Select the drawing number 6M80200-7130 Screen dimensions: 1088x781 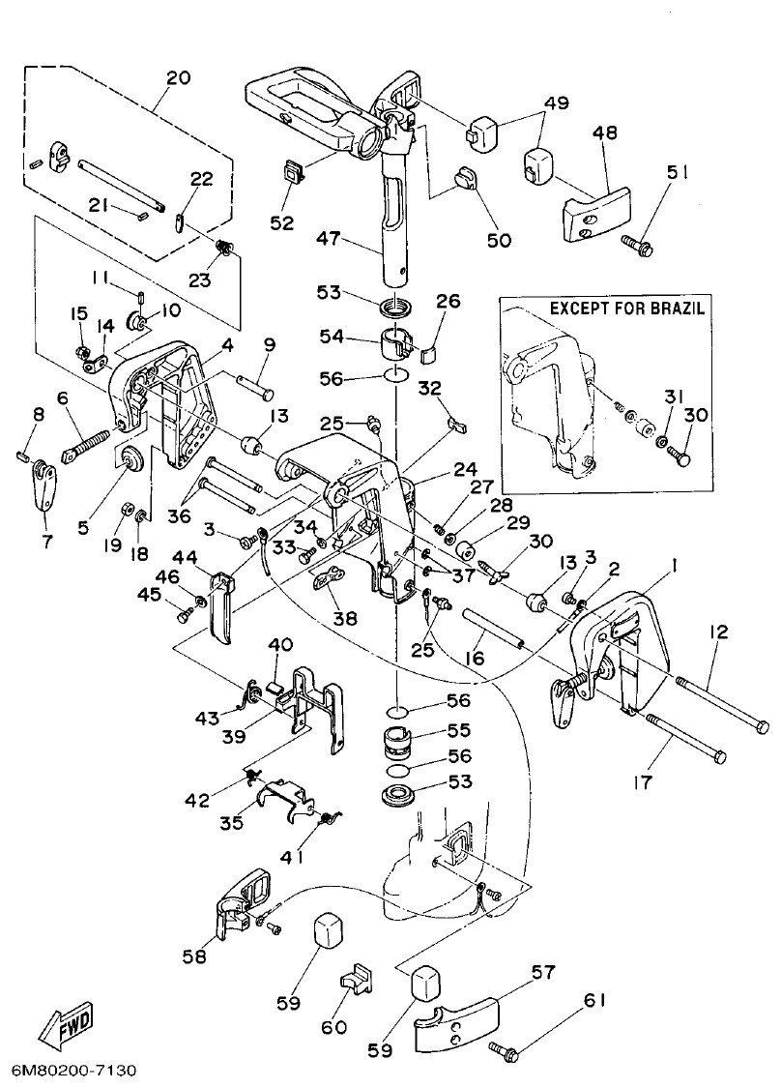tap(74, 1071)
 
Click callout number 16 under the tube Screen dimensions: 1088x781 tap(476, 658)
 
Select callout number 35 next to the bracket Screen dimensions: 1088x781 tap(230, 824)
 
